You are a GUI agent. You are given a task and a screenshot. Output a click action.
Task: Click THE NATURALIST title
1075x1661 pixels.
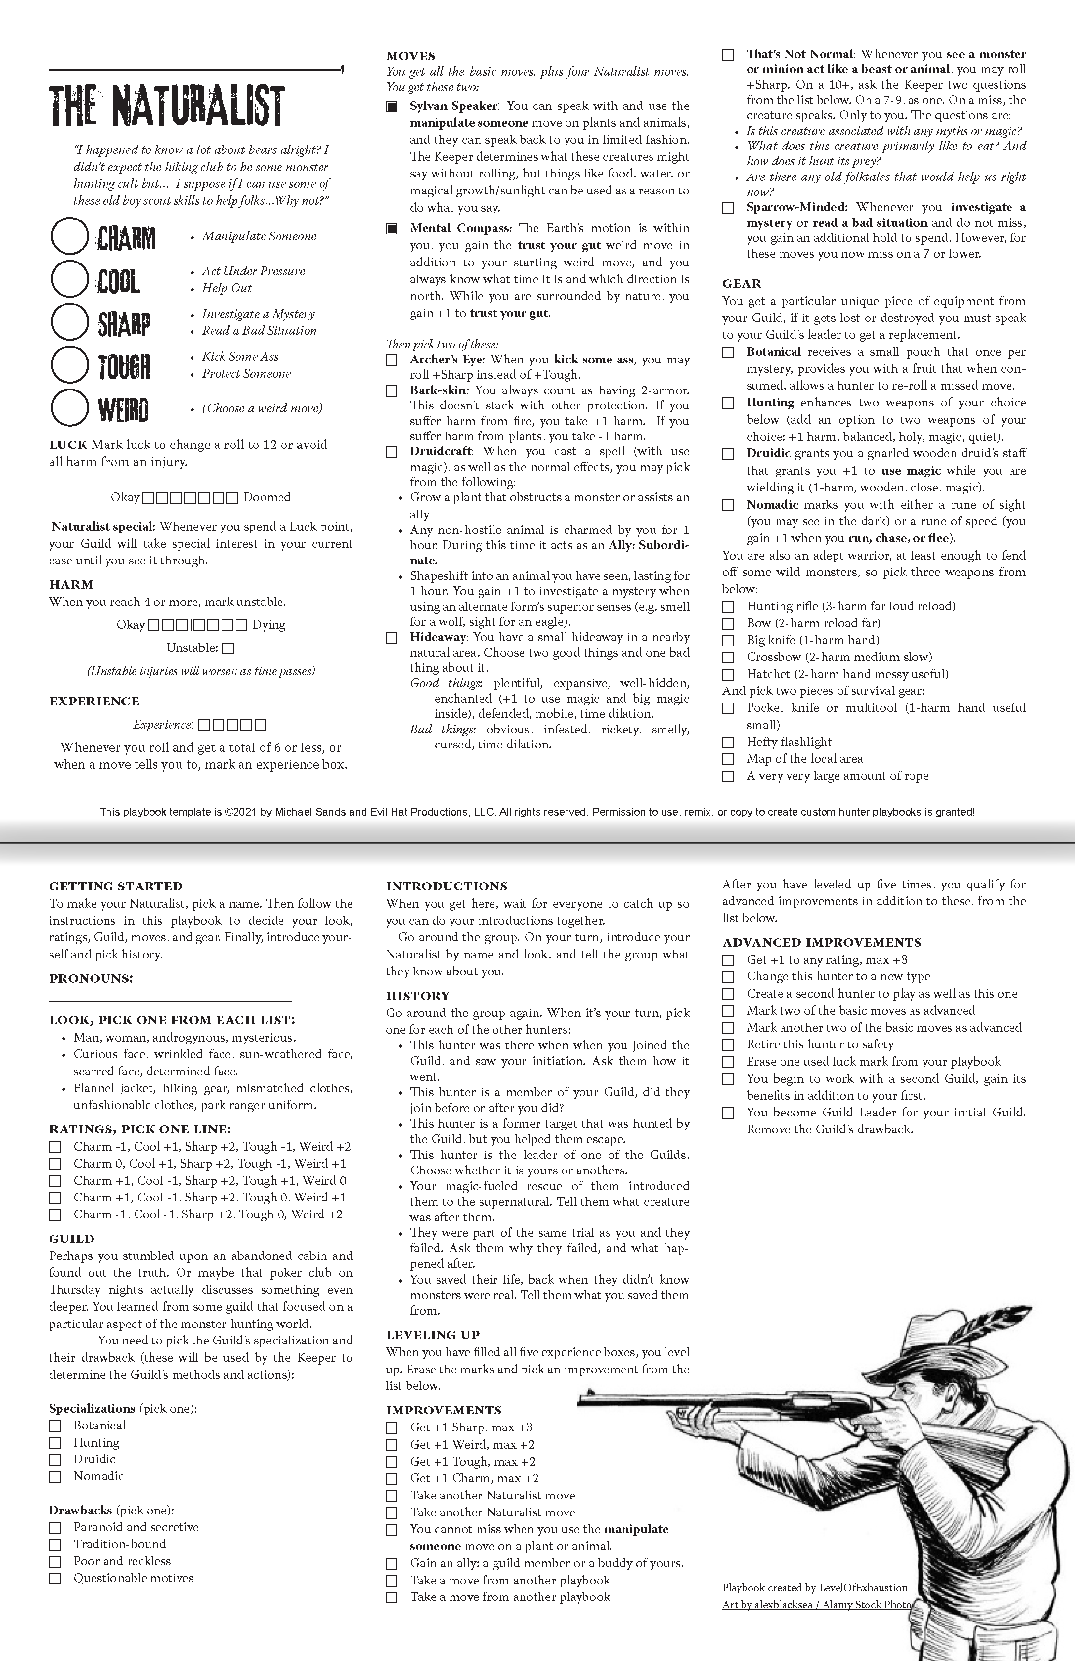(167, 106)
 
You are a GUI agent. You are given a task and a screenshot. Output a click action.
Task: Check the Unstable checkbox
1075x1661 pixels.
(228, 648)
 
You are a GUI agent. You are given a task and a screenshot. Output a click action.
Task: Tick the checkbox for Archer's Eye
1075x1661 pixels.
(392, 360)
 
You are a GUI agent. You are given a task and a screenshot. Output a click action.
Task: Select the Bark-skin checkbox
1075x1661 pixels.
(392, 391)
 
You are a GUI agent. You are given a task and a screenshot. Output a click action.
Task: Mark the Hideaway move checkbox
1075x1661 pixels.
(392, 637)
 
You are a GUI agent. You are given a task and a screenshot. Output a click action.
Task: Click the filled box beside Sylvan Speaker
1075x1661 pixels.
(392, 107)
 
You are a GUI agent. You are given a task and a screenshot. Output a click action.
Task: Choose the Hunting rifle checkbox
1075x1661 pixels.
(728, 606)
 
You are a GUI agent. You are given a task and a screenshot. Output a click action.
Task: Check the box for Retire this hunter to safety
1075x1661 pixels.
(728, 1045)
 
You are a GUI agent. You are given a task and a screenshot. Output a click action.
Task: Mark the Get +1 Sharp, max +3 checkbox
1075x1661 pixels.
(392, 1428)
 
